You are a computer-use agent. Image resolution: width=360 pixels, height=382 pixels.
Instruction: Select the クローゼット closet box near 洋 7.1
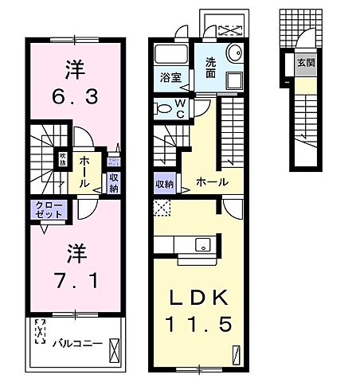click(49, 210)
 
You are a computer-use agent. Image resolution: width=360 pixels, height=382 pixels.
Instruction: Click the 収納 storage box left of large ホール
click(166, 182)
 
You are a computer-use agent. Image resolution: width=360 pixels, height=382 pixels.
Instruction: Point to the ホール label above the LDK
click(213, 182)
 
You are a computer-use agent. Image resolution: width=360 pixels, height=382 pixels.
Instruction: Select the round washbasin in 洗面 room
click(234, 54)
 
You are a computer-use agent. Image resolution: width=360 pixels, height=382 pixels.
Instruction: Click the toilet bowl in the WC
click(163, 108)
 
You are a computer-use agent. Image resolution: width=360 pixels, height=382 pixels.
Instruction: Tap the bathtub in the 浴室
click(169, 56)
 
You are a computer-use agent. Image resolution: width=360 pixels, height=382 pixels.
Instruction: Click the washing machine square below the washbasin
click(233, 82)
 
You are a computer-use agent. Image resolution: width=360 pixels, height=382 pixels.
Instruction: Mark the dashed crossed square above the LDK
click(162, 209)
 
